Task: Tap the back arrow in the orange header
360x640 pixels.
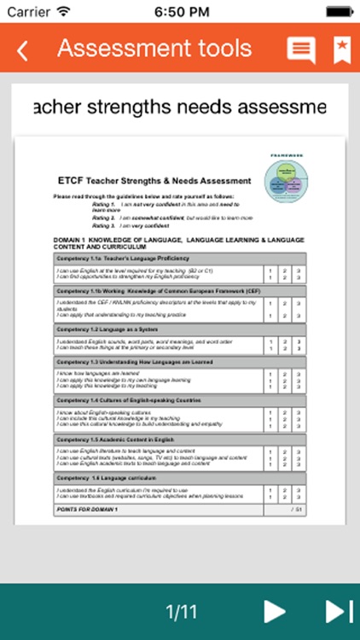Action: click(x=23, y=50)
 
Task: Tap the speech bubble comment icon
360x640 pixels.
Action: click(x=300, y=50)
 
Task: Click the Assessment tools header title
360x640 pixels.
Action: click(x=154, y=49)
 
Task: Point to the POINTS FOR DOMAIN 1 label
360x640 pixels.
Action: click(x=85, y=509)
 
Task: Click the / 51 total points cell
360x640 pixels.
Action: click(x=295, y=509)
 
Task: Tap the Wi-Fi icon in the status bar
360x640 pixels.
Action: click(x=62, y=11)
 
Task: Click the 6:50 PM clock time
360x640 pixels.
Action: click(x=180, y=11)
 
